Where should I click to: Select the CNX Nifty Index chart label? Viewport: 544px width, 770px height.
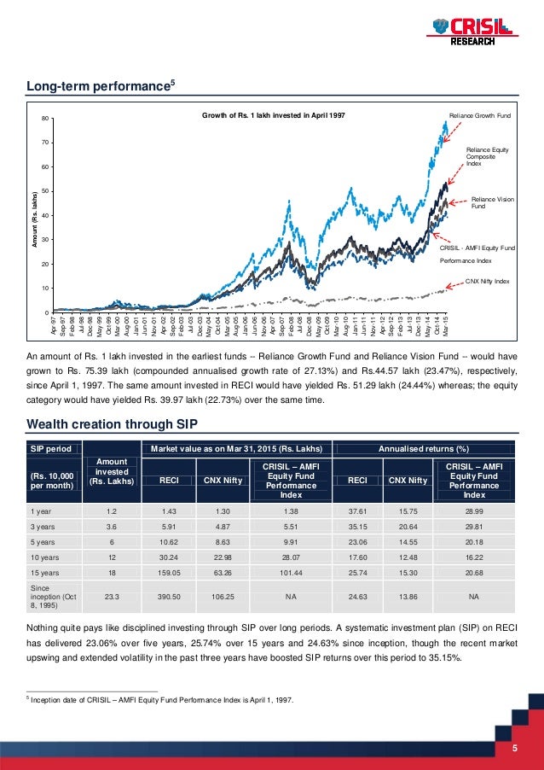tap(487, 280)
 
